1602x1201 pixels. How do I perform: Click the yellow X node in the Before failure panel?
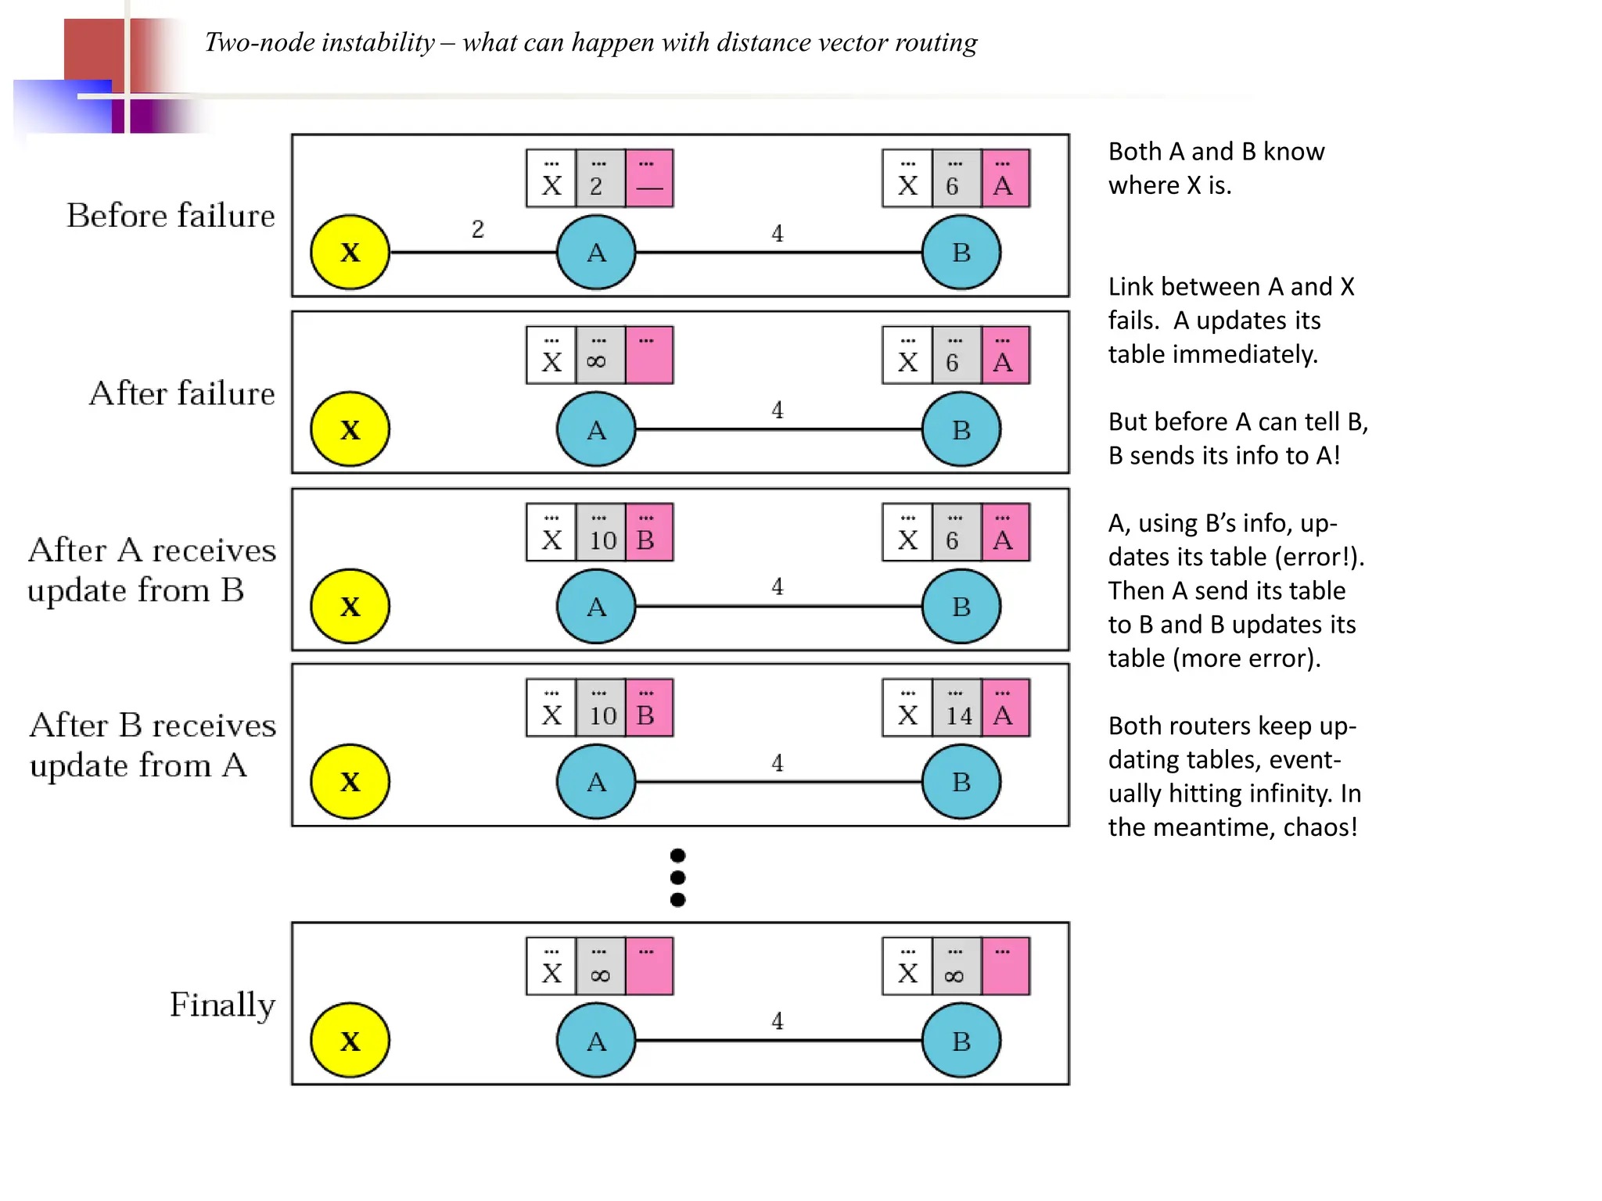click(350, 252)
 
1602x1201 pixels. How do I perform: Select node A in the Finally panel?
click(596, 1041)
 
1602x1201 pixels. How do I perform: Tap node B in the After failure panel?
click(961, 429)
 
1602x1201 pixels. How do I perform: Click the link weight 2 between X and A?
click(477, 229)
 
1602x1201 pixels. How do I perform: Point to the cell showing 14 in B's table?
click(957, 708)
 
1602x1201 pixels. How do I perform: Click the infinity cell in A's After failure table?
click(600, 356)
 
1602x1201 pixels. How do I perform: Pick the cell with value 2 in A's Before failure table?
click(600, 179)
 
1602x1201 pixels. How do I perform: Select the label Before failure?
click(171, 216)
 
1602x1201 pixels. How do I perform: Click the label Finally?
click(222, 1005)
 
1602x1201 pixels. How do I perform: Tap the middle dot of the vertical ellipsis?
click(678, 877)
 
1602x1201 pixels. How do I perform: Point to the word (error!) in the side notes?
click(1319, 557)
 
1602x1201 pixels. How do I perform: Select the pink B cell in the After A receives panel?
click(648, 532)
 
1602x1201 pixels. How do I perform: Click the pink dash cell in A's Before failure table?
click(648, 179)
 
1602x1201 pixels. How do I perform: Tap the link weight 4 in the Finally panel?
click(777, 1020)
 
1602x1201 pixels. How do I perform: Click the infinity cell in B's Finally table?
click(956, 967)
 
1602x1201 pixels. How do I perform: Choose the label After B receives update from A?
click(152, 745)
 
